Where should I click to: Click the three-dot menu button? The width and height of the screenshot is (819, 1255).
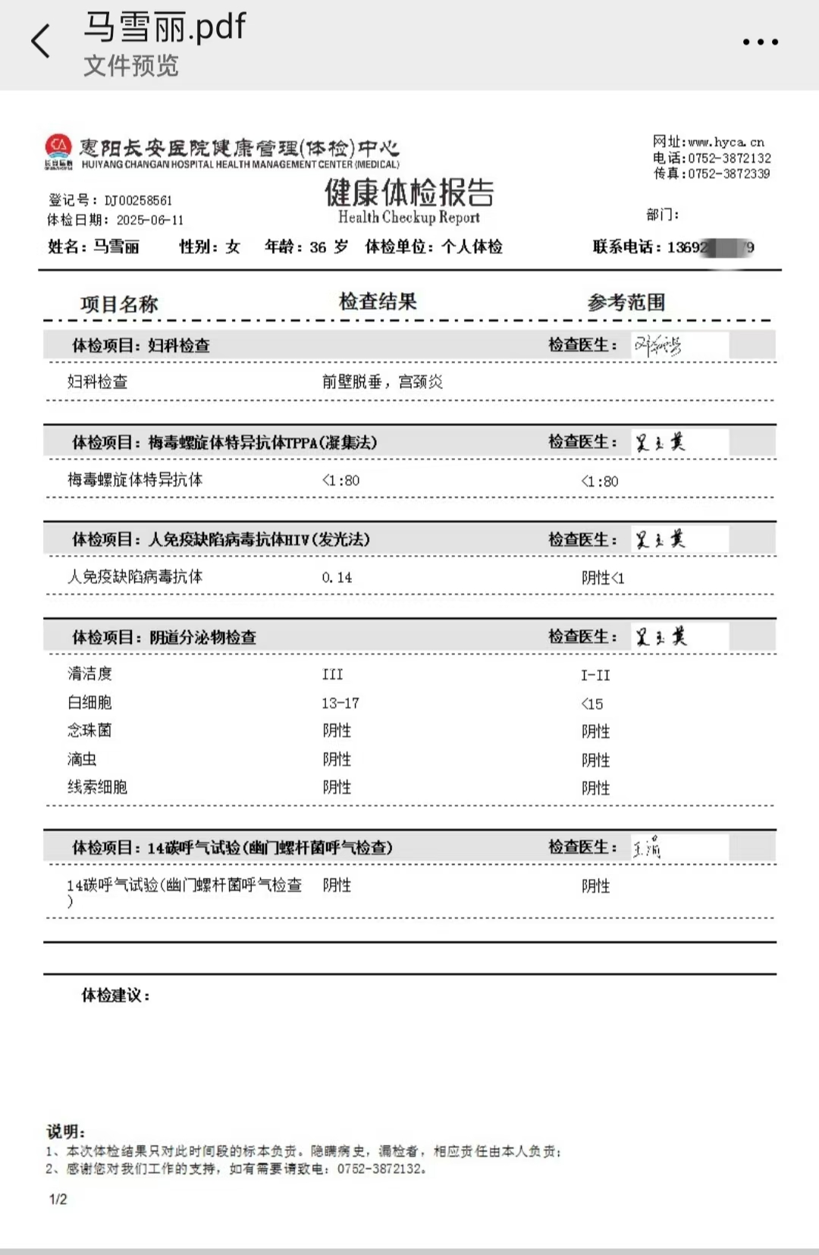pyautogui.click(x=760, y=42)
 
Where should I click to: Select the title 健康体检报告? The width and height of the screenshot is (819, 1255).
pyautogui.click(x=409, y=193)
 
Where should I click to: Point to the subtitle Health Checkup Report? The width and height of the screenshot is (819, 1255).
pyautogui.click(x=409, y=218)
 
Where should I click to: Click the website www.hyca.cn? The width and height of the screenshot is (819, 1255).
pyautogui.click(x=726, y=142)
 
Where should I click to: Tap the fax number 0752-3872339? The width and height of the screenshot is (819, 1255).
pyautogui.click(x=729, y=174)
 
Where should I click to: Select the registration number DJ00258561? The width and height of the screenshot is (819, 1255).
pyautogui.click(x=138, y=200)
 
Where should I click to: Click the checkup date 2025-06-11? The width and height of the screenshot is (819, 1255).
pyautogui.click(x=150, y=220)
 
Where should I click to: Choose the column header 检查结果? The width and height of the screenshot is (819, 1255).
pyautogui.click(x=378, y=302)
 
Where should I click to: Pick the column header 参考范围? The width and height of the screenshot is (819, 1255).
pyautogui.click(x=626, y=303)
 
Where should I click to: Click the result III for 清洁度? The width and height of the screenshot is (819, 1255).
pyautogui.click(x=332, y=674)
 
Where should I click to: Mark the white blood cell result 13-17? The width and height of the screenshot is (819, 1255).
pyautogui.click(x=340, y=703)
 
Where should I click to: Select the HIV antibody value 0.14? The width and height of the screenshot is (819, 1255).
pyautogui.click(x=337, y=578)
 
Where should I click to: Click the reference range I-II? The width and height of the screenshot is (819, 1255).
pyautogui.click(x=595, y=675)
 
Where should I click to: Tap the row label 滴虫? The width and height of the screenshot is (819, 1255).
pyautogui.click(x=82, y=759)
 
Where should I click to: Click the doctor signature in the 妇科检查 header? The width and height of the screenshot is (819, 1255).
pyautogui.click(x=657, y=346)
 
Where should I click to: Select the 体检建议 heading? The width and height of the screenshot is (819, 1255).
pyautogui.click(x=115, y=995)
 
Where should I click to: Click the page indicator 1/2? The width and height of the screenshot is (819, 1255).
pyautogui.click(x=58, y=1199)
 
